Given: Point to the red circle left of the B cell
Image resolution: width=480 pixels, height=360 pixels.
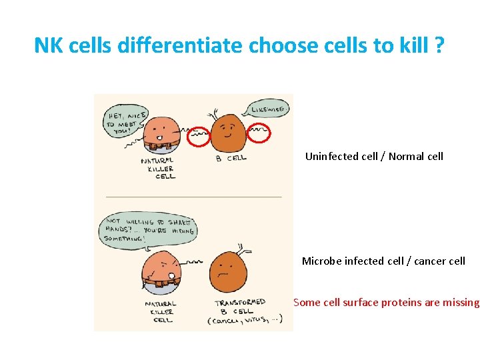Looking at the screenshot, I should (198, 137).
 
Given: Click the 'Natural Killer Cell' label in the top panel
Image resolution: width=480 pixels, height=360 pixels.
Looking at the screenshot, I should (159, 168).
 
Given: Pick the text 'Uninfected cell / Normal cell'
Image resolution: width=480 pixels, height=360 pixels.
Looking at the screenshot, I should (374, 157).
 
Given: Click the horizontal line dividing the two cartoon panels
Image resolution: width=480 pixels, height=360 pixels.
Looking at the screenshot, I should (193, 197).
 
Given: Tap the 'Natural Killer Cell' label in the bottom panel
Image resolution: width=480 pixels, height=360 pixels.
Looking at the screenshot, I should (161, 312).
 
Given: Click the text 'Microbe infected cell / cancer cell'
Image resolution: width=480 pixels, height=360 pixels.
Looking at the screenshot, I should (383, 261).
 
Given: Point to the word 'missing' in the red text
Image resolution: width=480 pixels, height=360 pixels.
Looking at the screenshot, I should (458, 302).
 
